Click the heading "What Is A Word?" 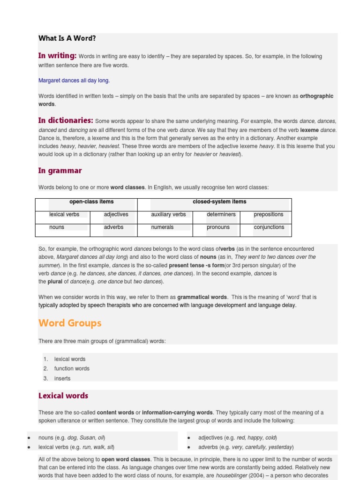[67, 38]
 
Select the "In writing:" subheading [57, 56]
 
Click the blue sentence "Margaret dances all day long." [74, 81]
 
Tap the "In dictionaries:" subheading [66, 120]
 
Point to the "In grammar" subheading [60, 171]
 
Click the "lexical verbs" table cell [64, 215]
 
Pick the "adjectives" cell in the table [116, 215]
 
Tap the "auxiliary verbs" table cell [168, 215]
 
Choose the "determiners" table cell [221, 215]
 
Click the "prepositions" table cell [269, 215]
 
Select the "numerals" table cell [162, 227]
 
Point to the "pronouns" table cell [218, 227]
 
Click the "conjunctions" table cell [269, 227]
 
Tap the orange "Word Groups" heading [70, 323]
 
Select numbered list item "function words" [72, 369]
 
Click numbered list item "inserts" [62, 379]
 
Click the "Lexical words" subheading [63, 396]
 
